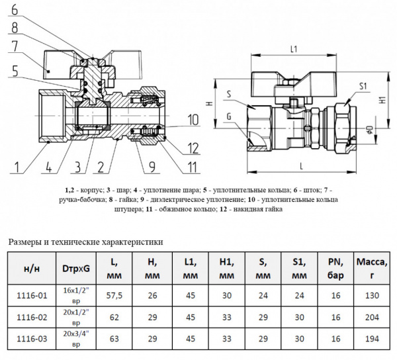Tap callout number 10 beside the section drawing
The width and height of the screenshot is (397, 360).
193,120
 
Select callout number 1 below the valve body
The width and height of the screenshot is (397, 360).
19,165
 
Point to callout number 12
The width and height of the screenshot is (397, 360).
193,146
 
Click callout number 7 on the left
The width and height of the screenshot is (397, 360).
15,46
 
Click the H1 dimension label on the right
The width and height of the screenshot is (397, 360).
382,99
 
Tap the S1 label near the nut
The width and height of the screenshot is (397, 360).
363,86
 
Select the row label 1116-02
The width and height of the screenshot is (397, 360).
32,317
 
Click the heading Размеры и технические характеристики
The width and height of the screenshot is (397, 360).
85,242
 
